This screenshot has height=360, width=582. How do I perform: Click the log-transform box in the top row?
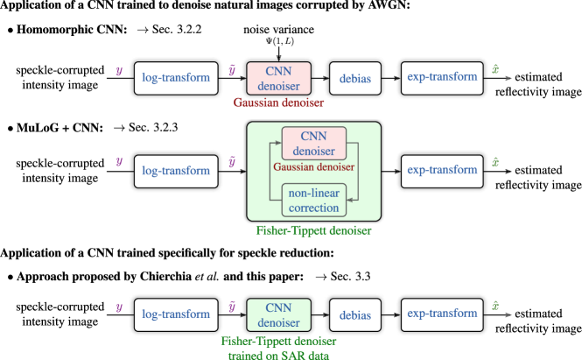click(176, 78)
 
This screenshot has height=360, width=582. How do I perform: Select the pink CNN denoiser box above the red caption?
click(278, 78)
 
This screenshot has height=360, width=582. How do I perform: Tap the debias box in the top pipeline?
click(354, 79)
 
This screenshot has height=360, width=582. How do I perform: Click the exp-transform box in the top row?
click(442, 78)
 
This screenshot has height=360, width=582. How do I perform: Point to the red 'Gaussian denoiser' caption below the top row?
click(278, 102)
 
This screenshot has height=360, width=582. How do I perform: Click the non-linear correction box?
click(313, 201)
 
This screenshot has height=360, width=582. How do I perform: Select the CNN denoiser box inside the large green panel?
click(313, 143)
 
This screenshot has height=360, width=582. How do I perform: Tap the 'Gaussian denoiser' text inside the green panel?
click(313, 166)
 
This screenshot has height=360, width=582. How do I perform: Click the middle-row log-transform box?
click(176, 171)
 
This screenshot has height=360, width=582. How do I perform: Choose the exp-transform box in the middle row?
click(442, 171)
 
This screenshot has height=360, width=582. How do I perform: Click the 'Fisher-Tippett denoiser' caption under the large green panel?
click(313, 231)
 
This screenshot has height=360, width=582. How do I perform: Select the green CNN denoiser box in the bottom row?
click(278, 314)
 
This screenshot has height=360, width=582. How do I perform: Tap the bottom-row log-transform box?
click(176, 314)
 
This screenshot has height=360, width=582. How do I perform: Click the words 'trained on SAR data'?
click(278, 355)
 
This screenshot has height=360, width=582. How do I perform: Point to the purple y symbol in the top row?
click(119, 72)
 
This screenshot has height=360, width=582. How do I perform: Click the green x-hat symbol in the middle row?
click(496, 162)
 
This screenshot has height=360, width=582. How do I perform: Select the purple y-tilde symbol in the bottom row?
click(232, 307)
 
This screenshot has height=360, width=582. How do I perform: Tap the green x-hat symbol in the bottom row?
click(496, 307)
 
